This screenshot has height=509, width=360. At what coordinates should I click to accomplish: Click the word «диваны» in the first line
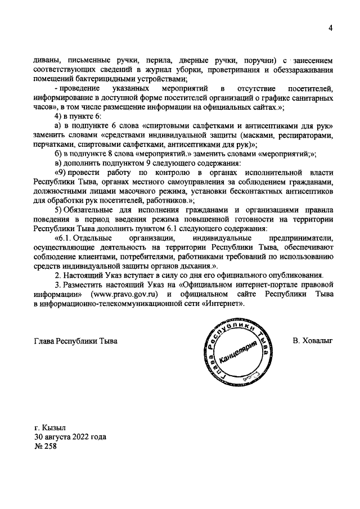[47, 60]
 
